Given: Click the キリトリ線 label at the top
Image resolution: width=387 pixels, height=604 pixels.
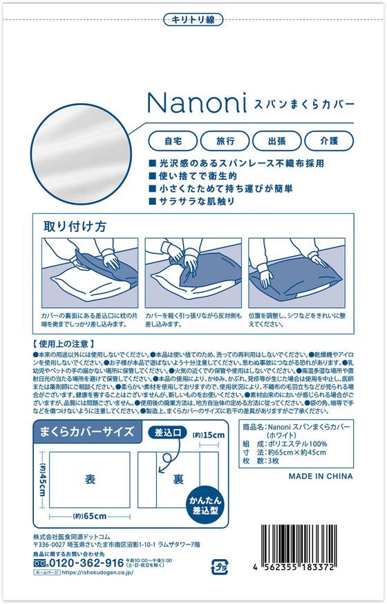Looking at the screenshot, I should pos(193,20).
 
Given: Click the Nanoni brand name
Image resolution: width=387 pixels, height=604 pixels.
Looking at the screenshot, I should pos(197,102).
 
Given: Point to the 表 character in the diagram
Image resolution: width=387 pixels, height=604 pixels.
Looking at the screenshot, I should pos(89,479).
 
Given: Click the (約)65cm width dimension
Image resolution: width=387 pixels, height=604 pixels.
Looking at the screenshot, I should pos(89,516).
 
